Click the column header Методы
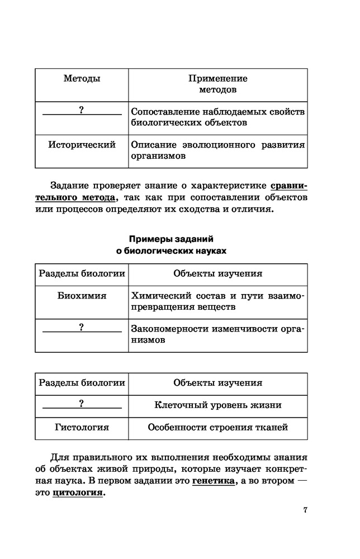(82, 79)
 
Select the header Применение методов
(217, 84)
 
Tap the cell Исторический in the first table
(82, 145)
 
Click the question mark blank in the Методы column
(82, 111)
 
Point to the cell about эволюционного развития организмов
(217, 151)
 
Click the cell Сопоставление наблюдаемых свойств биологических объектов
(217, 117)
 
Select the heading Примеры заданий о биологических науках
(172, 245)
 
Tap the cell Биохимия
(82, 296)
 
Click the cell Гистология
(82, 428)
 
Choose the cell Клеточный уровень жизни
(217, 405)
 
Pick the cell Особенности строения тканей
(217, 428)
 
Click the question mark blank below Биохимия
(82, 328)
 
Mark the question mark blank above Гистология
(82, 404)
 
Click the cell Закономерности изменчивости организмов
(217, 334)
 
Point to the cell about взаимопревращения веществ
(217, 301)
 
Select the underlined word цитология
(78, 494)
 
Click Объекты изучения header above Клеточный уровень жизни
(217, 383)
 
